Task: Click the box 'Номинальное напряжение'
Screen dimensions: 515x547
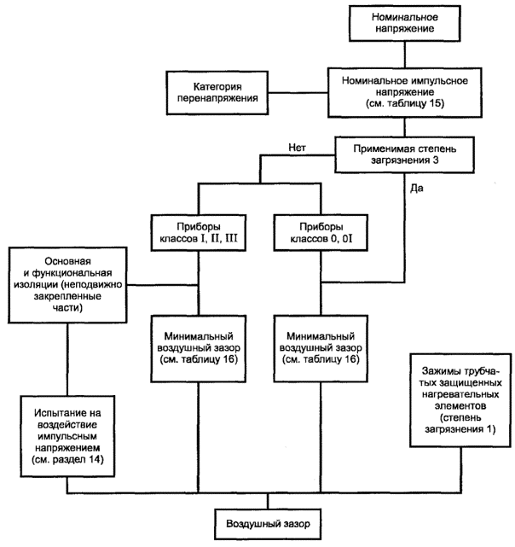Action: point(404,23)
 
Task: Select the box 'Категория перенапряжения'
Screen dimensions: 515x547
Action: point(217,92)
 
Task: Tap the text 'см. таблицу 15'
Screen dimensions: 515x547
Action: point(405,103)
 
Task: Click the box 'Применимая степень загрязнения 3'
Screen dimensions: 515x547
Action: point(404,154)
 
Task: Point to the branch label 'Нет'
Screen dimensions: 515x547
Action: point(297,148)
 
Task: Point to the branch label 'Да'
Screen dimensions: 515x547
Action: point(417,189)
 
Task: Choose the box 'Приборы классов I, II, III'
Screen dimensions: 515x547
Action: point(199,233)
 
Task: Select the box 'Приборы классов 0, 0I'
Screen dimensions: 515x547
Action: point(321,233)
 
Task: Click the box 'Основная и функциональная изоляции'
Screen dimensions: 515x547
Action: point(67,285)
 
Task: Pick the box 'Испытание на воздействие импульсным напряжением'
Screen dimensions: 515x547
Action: point(67,436)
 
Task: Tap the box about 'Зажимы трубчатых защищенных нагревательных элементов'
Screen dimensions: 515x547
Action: point(460,400)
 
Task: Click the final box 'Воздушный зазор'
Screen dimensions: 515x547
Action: point(268,524)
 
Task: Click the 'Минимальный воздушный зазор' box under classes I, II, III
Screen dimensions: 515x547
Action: point(199,349)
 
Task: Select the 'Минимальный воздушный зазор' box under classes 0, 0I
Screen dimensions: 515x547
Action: point(321,349)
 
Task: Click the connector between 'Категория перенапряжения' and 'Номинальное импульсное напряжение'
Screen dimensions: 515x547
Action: point(298,93)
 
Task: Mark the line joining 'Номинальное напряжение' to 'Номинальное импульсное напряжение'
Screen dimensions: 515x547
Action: point(405,55)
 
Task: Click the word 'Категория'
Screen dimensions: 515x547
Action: point(217,86)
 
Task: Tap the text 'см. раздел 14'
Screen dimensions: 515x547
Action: point(67,459)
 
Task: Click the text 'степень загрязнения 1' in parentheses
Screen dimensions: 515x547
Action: point(460,423)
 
